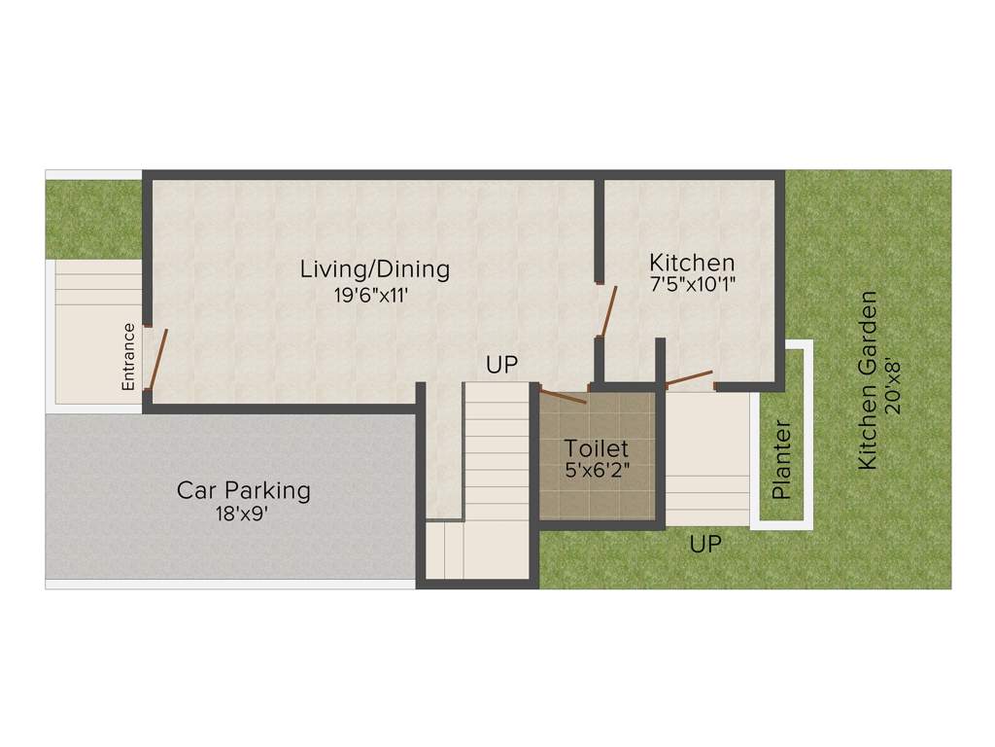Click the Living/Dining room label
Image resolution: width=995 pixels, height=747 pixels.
tap(374, 268)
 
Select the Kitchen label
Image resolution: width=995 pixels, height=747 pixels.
tap(692, 263)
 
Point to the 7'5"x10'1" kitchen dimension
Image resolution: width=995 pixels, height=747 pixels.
tap(694, 286)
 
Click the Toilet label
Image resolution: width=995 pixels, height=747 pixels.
tap(597, 449)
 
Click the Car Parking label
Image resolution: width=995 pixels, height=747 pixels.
tap(243, 489)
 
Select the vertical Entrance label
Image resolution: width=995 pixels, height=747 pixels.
tap(128, 356)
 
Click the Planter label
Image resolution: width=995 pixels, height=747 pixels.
tap(781, 460)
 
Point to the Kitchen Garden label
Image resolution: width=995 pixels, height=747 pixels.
tap(868, 380)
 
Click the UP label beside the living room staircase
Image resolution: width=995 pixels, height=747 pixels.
tap(502, 366)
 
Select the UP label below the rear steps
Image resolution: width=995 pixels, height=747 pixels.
tap(705, 545)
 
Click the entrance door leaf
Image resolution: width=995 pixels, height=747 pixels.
tap(158, 358)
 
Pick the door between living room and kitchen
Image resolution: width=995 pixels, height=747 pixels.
tap(607, 310)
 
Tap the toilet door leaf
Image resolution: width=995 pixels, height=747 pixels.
tap(563, 395)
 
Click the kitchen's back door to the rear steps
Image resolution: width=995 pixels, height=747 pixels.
tap(687, 377)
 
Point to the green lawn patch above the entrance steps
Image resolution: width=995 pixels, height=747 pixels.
tap(93, 219)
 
